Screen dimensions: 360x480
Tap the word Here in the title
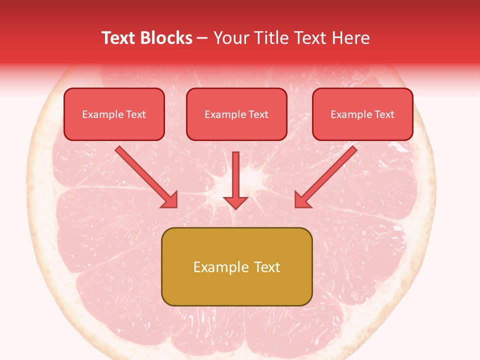[349, 38]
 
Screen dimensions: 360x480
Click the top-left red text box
[114, 114]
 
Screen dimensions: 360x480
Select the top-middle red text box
[236, 114]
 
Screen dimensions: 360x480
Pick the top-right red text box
[362, 114]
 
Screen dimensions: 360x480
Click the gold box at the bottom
[236, 266]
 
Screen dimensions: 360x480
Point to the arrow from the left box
[145, 176]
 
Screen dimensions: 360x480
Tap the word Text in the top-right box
[384, 114]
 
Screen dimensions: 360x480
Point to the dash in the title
[202, 38]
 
